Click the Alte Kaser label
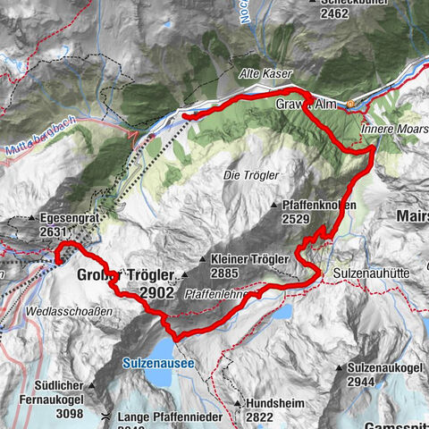click(x=265, y=73)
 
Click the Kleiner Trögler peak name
click(x=250, y=259)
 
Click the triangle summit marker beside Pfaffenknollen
click(x=273, y=206)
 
